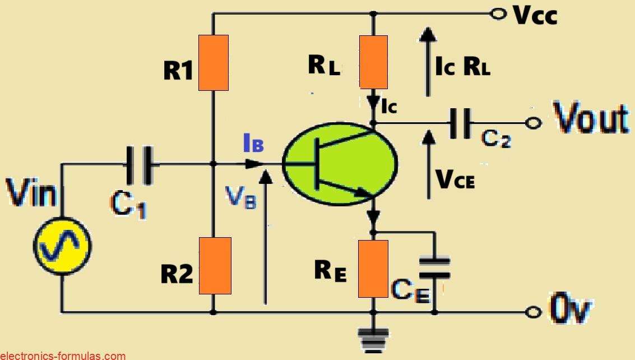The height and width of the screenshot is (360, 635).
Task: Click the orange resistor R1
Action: tap(213, 63)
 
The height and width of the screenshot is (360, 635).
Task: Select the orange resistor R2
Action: tap(216, 266)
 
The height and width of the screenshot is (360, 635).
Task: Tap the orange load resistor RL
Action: tap(374, 62)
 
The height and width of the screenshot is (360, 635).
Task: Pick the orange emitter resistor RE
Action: tap(374, 269)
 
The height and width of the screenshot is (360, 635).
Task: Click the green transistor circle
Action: tap(340, 163)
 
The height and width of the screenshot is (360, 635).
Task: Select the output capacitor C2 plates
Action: tap(460, 123)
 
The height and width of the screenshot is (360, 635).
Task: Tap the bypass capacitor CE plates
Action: tap(434, 267)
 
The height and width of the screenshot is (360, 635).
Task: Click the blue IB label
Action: tap(252, 144)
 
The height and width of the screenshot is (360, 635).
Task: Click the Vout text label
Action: tap(591, 119)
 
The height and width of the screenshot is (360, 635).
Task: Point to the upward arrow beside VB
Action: tap(267, 236)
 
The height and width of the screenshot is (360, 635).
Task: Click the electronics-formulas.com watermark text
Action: tap(63, 355)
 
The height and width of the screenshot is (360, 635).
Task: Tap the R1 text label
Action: tap(178, 72)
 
